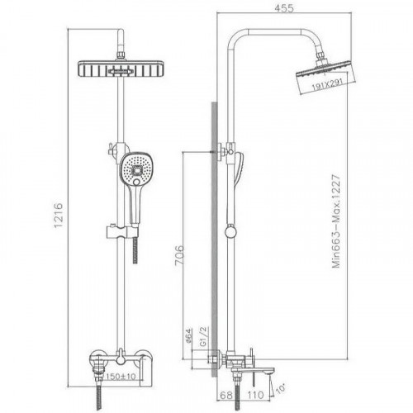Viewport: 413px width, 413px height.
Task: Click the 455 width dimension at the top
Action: pyautogui.click(x=284, y=8)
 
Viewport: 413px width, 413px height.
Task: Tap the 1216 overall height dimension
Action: pyautogui.click(x=59, y=215)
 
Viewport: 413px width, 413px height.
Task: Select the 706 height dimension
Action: pyautogui.click(x=179, y=255)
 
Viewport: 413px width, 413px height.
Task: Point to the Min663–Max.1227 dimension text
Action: pyautogui.click(x=336, y=221)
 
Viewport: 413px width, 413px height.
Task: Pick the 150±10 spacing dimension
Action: pyautogui.click(x=121, y=377)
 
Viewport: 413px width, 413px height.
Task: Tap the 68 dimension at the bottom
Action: pyautogui.click(x=226, y=396)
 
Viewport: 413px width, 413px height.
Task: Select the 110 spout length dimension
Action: pyautogui.click(x=255, y=396)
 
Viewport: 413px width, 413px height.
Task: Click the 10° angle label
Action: pyautogui.click(x=280, y=389)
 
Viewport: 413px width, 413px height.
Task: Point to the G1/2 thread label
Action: pyautogui.click(x=203, y=336)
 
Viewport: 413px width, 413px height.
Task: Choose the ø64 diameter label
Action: pyautogui.click(x=188, y=335)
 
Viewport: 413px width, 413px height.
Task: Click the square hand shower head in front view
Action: pyautogui.click(x=136, y=169)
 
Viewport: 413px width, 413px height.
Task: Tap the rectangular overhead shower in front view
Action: pyautogui.click(x=121, y=69)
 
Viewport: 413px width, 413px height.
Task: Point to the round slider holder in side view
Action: pyautogui.click(x=230, y=230)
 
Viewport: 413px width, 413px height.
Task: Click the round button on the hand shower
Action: pyautogui.click(x=136, y=183)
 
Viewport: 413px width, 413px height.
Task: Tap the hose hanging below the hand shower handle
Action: pyautogui.click(x=135, y=249)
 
